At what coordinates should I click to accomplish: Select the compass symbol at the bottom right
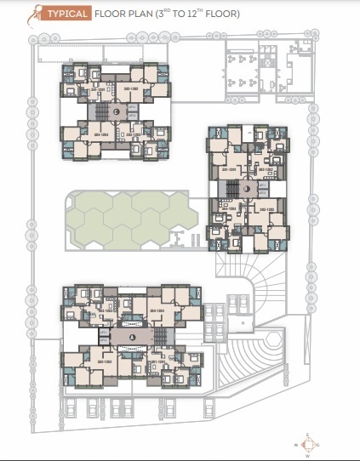pyautogui.click(x=307, y=444)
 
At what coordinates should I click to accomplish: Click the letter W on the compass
pyautogui.click(x=307, y=455)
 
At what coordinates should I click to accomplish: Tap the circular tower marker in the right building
pyautogui.click(x=248, y=188)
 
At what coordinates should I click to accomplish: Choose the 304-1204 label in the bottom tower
pyautogui.click(x=156, y=311)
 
